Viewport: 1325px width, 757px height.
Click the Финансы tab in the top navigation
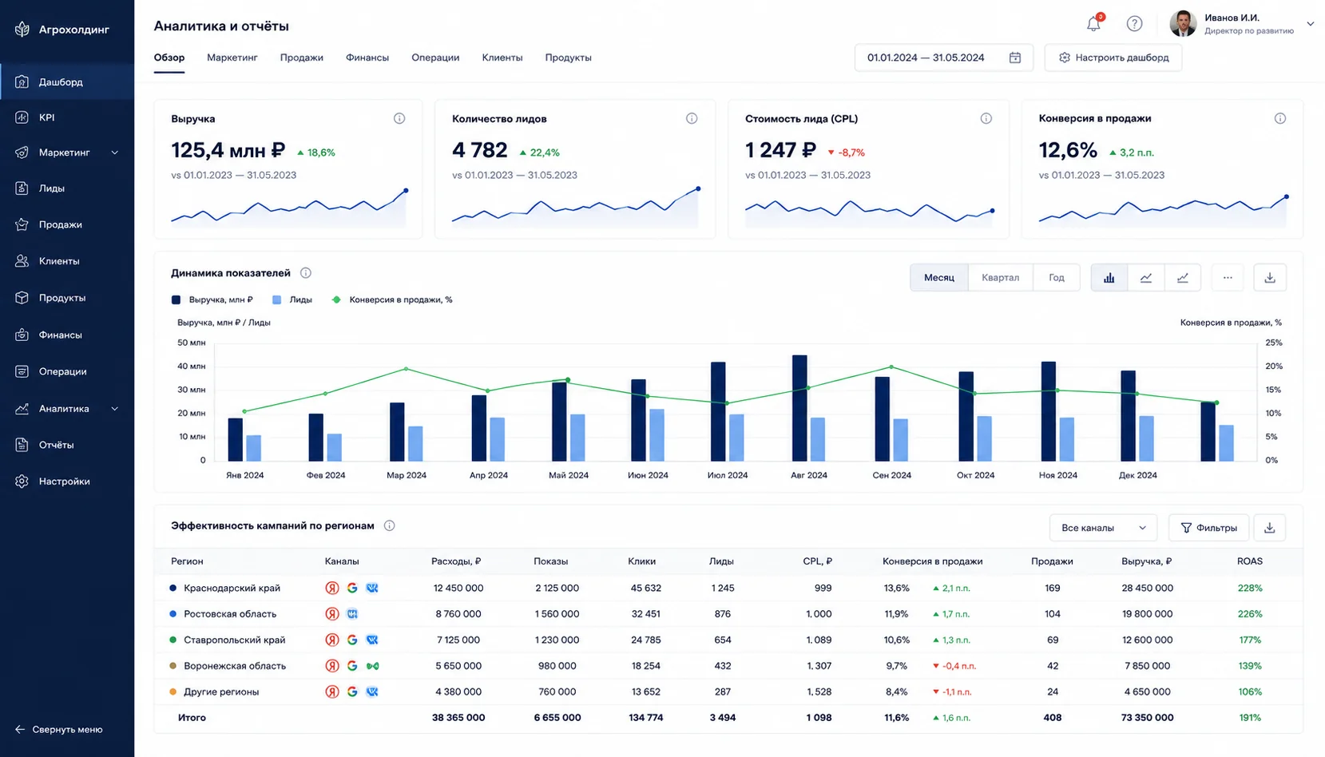(x=367, y=57)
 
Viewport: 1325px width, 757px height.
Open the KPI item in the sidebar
(x=47, y=117)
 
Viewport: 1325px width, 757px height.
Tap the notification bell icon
(x=1093, y=24)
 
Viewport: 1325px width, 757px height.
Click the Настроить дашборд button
(x=1113, y=57)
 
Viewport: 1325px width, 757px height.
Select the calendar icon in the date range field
(x=1015, y=57)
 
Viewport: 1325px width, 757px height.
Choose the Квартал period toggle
(x=1000, y=277)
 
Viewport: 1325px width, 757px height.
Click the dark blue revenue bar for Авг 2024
(x=799, y=408)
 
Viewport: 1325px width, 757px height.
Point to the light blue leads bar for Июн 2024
(x=657, y=434)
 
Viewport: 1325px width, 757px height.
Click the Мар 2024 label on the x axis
(x=407, y=475)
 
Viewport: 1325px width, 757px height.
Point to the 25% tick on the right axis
(x=1274, y=343)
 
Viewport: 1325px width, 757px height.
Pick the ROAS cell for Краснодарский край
(x=1250, y=588)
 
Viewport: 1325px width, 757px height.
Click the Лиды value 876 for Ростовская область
(x=722, y=614)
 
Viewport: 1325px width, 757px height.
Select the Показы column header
(x=551, y=561)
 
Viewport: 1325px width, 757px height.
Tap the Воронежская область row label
(x=235, y=666)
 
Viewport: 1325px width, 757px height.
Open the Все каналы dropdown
(x=1103, y=528)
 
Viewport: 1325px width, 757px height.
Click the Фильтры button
(x=1208, y=528)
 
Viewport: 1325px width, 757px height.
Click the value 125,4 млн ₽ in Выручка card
(x=228, y=150)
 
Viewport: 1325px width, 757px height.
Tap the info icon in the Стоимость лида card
(x=986, y=118)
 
